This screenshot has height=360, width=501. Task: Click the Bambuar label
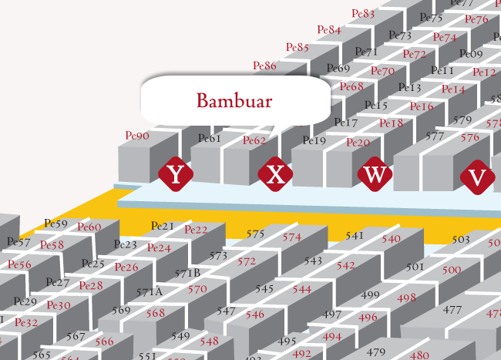(234, 100)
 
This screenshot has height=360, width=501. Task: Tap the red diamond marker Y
(176, 174)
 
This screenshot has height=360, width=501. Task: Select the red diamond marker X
(275, 175)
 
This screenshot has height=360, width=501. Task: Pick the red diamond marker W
(375, 174)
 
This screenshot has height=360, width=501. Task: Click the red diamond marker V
(477, 177)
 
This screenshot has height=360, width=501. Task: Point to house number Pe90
(137, 136)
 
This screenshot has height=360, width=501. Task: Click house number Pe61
(210, 138)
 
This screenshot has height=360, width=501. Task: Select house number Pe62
(254, 140)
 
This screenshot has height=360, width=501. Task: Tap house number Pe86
(264, 66)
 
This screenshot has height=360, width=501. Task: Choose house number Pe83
(363, 13)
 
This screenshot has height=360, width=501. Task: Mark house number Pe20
(358, 143)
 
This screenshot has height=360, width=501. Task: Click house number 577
(435, 136)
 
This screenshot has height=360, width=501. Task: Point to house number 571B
(187, 273)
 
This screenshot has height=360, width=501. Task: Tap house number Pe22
(196, 229)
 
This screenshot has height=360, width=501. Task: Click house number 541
(355, 235)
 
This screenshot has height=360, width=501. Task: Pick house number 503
(460, 240)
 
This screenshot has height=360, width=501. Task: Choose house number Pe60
(89, 227)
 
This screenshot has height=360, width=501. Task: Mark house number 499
(370, 295)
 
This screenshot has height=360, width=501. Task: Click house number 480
(419, 355)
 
